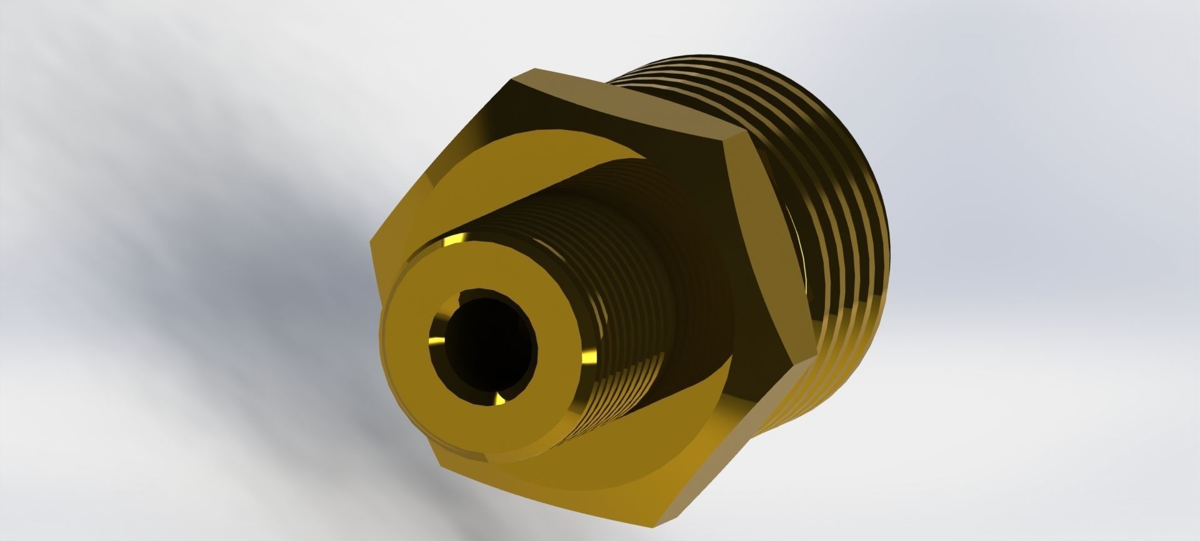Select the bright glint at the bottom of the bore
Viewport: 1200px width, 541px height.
[500, 399]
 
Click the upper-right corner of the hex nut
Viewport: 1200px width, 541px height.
[731, 132]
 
